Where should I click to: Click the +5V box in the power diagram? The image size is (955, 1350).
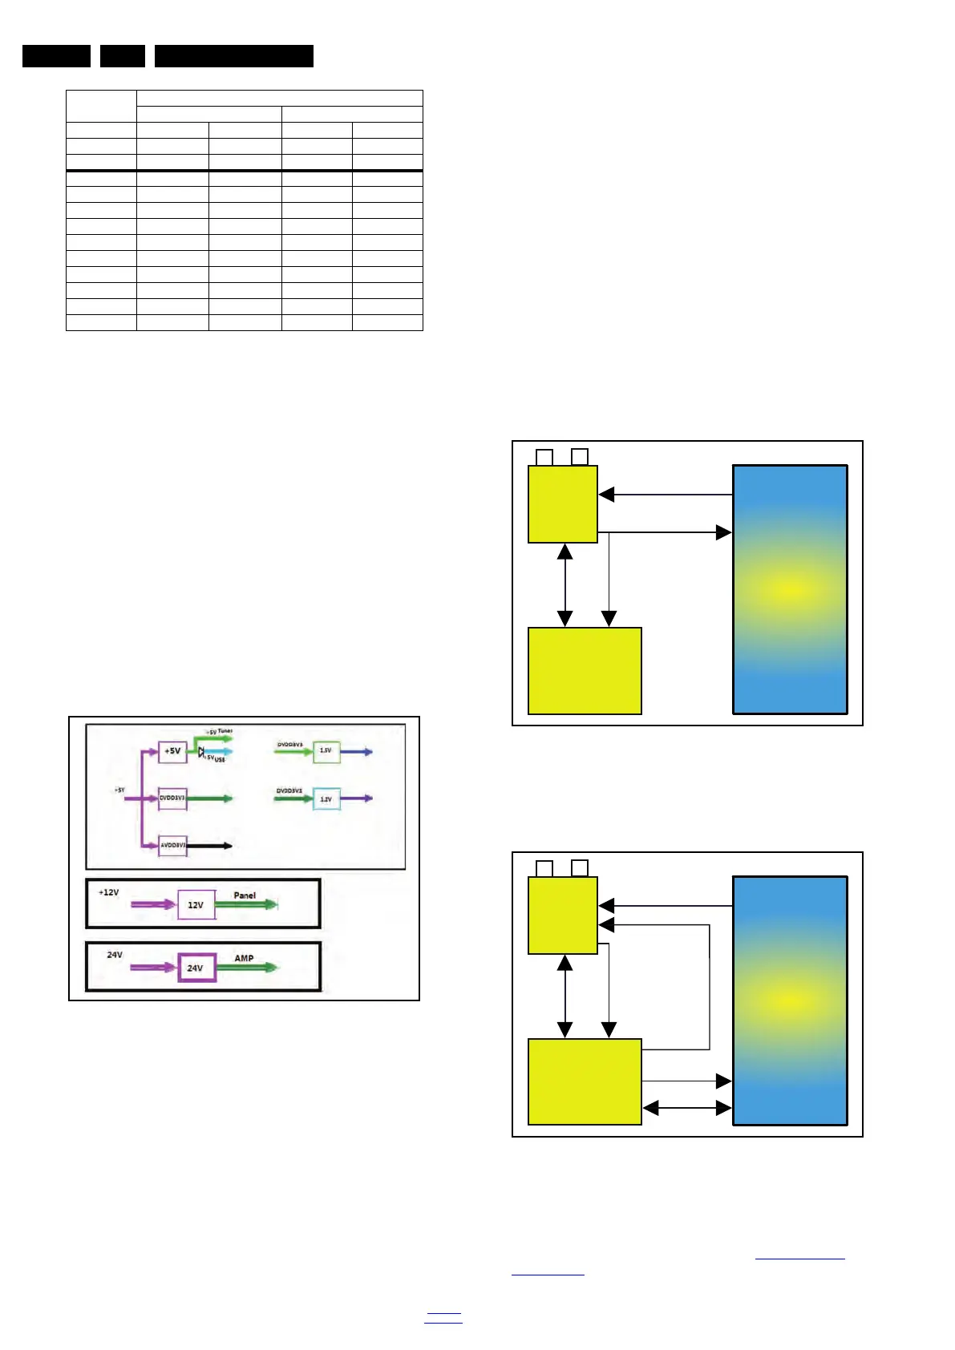point(172,751)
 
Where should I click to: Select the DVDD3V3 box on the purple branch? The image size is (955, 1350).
point(172,798)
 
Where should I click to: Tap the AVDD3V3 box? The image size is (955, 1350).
point(172,845)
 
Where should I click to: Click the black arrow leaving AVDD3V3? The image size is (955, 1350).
point(210,845)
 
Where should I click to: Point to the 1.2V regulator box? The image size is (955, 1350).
point(326,798)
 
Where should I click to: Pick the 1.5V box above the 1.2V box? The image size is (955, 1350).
point(326,751)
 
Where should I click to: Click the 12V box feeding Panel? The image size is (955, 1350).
point(196,904)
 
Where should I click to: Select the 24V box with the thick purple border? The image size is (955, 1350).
point(196,968)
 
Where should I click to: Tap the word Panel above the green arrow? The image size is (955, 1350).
point(245,895)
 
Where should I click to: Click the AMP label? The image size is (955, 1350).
point(244,958)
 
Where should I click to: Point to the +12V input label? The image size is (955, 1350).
point(108,892)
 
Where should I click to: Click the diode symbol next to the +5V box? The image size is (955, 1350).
point(201,752)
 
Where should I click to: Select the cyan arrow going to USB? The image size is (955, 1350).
point(218,752)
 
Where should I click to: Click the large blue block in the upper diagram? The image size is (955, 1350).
point(790,589)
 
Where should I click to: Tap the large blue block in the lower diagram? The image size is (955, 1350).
point(790,1000)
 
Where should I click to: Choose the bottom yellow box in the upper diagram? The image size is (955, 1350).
point(585,670)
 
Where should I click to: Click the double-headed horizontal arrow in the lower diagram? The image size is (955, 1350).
point(687,1108)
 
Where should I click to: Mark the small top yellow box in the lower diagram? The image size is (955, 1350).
point(563,915)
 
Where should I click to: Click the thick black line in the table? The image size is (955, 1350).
point(244,171)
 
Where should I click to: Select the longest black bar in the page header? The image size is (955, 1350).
point(233,56)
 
